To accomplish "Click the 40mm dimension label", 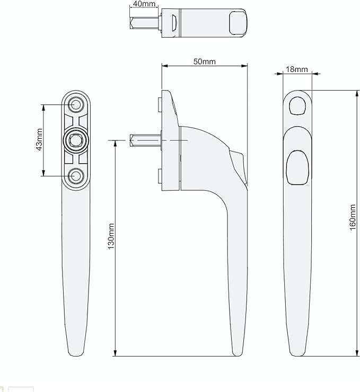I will tap(144, 4).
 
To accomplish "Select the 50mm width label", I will tap(204, 61).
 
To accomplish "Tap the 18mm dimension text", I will tap(297, 69).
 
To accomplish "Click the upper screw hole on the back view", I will tap(76, 104).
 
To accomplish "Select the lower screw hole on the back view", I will tap(76, 176).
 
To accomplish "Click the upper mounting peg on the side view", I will tap(160, 104).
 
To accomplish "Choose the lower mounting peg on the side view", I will tap(160, 176).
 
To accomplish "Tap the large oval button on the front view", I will tap(297, 166).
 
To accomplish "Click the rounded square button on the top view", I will tap(236, 24).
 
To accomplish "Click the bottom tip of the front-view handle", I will tap(297, 351).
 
